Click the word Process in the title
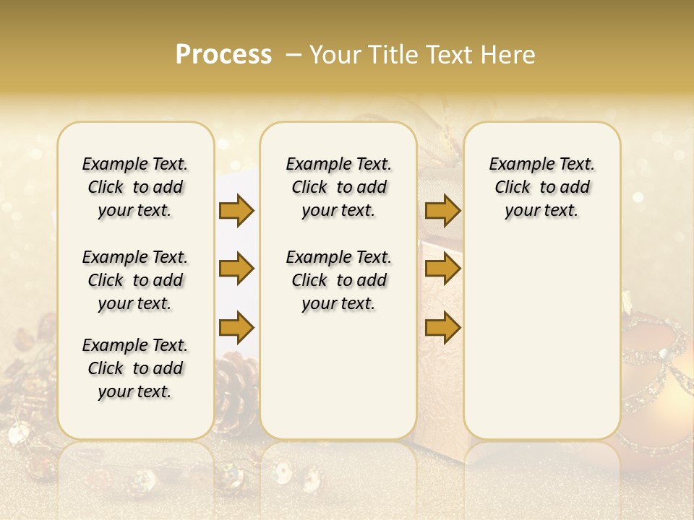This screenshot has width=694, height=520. tap(223, 55)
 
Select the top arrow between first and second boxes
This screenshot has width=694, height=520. tap(236, 210)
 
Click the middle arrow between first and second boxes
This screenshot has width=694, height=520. tap(236, 269)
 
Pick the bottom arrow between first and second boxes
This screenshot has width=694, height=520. tap(236, 327)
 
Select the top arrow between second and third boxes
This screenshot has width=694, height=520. tap(442, 210)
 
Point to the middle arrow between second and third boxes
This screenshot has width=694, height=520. tap(442, 269)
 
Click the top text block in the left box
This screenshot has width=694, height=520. tap(135, 187)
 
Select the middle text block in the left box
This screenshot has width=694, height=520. tap(135, 280)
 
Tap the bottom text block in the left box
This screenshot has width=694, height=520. tap(135, 368)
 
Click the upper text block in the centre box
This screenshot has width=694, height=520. tap(338, 187)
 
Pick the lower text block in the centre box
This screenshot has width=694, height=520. tap(338, 280)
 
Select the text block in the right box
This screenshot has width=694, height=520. tap(541, 187)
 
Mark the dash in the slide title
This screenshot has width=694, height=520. tap(294, 55)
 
